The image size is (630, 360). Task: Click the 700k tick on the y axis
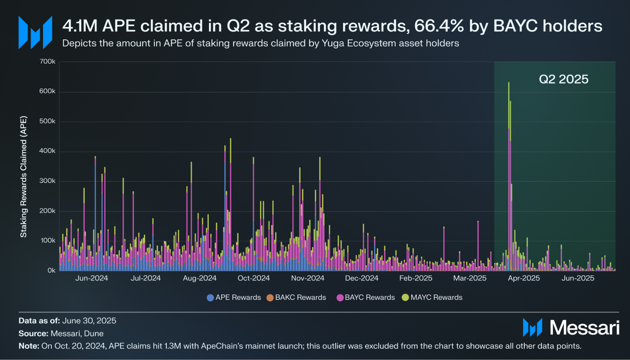[47, 61]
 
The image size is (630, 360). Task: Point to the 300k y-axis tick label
[47, 181]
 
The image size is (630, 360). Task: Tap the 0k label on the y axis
[51, 271]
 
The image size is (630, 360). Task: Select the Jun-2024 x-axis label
[91, 278]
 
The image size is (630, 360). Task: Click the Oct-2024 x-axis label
[254, 278]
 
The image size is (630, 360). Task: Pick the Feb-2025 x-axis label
[416, 278]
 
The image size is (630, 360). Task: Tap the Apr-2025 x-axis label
[524, 278]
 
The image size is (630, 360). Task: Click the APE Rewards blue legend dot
[210, 298]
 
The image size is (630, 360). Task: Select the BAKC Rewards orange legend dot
[270, 298]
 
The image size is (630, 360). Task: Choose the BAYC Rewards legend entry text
[370, 297]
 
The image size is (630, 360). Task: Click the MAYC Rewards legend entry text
[436, 297]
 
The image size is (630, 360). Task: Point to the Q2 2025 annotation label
[564, 79]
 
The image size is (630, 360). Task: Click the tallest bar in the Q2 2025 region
[509, 176]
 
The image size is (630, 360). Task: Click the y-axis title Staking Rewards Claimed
[24, 176]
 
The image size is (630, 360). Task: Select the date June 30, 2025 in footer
[89, 321]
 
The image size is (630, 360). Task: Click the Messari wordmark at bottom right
[585, 327]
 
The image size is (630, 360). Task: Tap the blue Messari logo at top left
[35, 32]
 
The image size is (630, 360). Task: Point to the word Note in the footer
[29, 346]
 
